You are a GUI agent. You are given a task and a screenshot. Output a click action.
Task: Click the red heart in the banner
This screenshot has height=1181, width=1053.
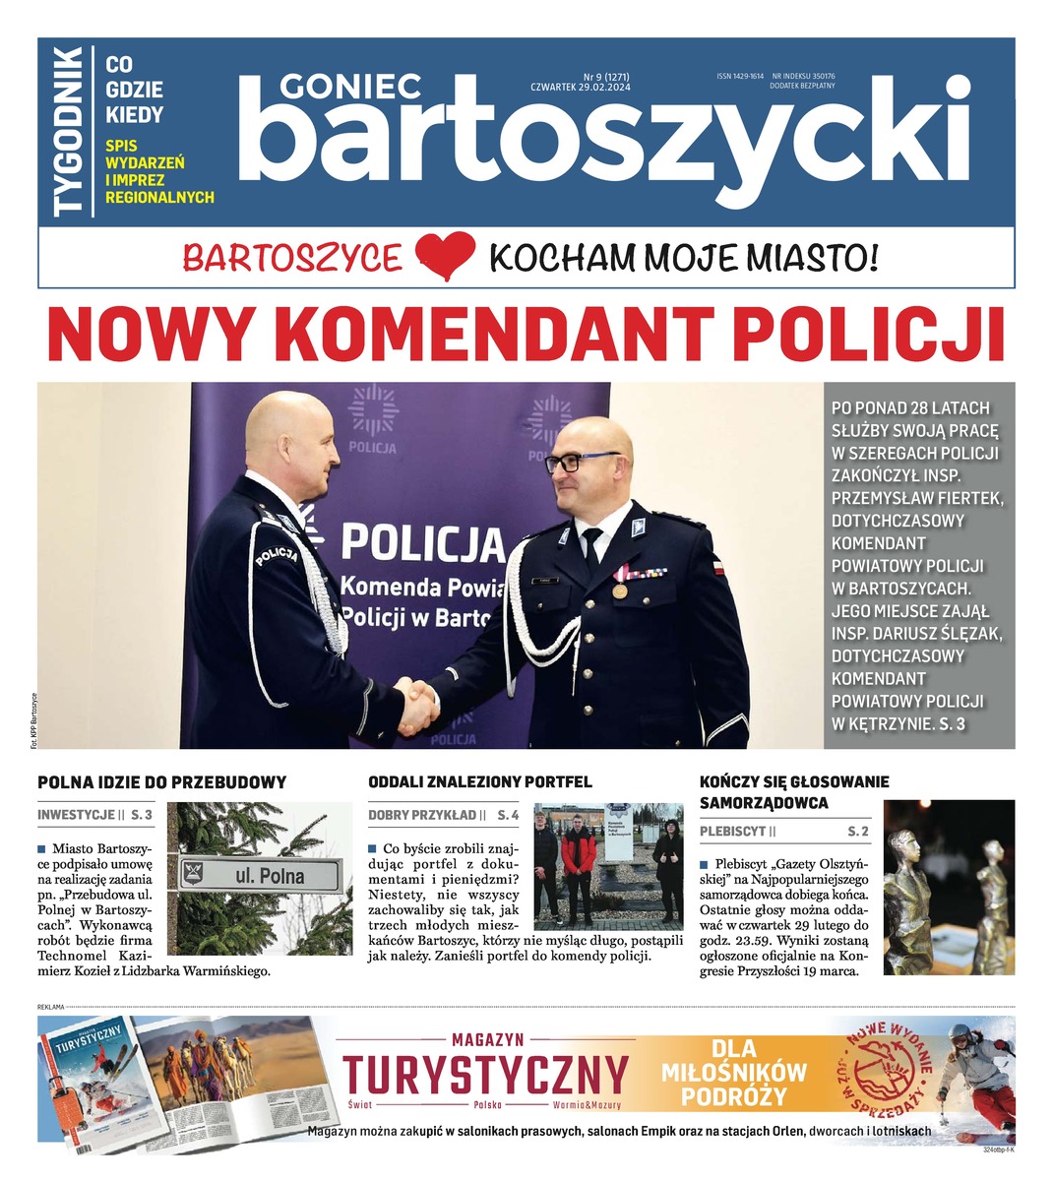click(x=445, y=257)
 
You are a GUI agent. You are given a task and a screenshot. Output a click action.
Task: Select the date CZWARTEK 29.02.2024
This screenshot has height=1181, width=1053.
click(x=580, y=89)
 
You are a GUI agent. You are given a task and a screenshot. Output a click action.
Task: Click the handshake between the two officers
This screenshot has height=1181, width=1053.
click(x=417, y=703)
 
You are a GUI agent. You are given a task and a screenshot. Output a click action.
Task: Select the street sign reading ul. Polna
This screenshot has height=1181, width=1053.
click(x=260, y=874)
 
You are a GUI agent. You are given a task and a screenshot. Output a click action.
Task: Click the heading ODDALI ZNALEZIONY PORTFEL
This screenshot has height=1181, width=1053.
click(x=479, y=782)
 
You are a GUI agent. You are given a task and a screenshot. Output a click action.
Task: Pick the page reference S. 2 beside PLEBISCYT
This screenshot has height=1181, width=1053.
click(x=858, y=832)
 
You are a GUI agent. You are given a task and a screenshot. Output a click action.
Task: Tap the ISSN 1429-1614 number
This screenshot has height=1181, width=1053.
click(x=740, y=76)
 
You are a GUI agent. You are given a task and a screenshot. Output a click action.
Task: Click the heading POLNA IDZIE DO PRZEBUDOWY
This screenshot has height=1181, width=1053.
click(x=161, y=782)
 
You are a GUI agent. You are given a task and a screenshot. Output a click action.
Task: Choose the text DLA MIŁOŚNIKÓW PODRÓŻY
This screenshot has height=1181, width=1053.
click(x=747, y=1073)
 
